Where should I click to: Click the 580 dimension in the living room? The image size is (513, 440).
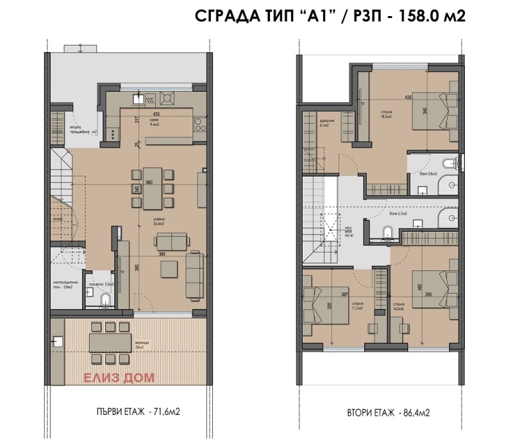149,182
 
